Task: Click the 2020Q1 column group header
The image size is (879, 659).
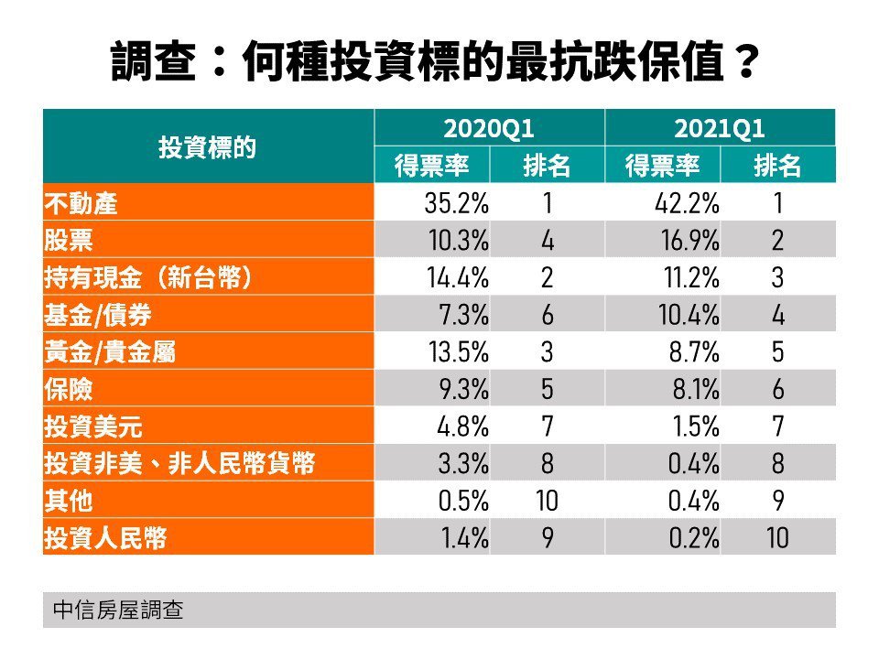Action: [x=488, y=128]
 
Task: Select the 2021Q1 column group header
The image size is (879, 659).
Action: [x=720, y=128]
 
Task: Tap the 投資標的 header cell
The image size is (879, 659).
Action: [x=207, y=147]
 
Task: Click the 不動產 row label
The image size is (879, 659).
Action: [x=81, y=203]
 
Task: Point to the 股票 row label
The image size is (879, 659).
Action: [x=69, y=241]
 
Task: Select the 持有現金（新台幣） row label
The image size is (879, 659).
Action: [x=148, y=277]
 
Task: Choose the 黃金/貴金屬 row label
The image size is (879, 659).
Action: [x=110, y=351]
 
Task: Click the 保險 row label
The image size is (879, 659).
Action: [x=69, y=389]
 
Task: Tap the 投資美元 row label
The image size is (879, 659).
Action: [x=93, y=427]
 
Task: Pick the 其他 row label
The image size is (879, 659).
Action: [x=69, y=501]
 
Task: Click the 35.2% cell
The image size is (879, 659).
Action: [x=456, y=203]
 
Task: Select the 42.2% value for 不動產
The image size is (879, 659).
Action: [x=687, y=203]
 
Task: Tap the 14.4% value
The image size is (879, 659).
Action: [x=458, y=277]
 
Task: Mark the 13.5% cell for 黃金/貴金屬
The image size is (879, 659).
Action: [x=459, y=351]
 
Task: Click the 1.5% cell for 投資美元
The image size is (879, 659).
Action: [x=696, y=427]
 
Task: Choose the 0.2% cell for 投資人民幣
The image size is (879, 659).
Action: [x=694, y=538]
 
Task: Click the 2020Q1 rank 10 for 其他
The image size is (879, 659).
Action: [x=547, y=501]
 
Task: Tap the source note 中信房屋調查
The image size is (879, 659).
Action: [x=118, y=610]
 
